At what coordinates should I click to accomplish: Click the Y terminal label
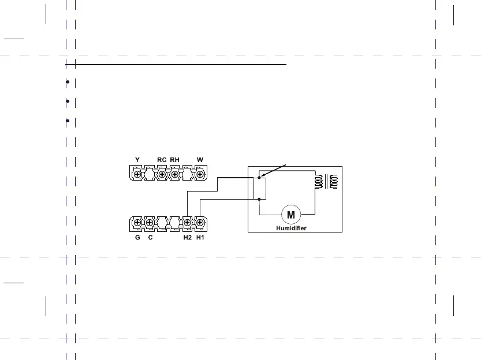click(137, 160)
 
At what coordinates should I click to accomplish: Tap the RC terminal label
click(162, 160)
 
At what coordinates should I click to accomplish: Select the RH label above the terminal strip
click(175, 160)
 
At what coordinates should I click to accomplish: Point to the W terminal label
click(200, 160)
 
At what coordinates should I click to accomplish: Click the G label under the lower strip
click(137, 237)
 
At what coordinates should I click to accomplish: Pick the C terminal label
click(150, 237)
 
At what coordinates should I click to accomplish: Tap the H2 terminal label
click(187, 237)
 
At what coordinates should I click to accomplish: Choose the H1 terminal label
click(200, 237)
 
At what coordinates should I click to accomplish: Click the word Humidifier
click(291, 228)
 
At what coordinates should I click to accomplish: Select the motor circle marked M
click(291, 215)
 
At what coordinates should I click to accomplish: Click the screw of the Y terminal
click(137, 174)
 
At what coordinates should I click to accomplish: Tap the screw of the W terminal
click(200, 174)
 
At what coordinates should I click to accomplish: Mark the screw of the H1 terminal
click(200, 223)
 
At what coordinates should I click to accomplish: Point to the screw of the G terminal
click(137, 223)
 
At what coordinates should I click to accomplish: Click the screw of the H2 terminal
click(187, 223)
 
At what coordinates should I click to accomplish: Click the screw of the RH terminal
click(175, 174)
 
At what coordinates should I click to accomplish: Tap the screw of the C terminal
click(150, 223)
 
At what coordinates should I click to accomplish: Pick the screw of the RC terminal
click(162, 174)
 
